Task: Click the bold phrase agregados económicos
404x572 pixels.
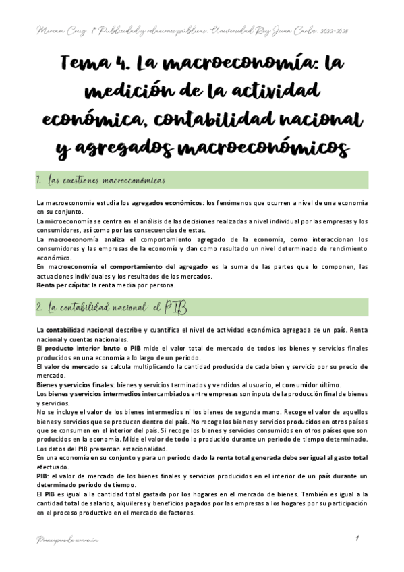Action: click(x=166, y=203)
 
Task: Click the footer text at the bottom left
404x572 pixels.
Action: click(x=65, y=540)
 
